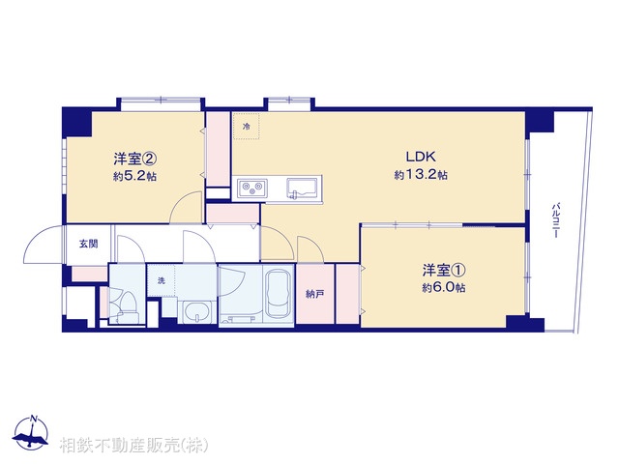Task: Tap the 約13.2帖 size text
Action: pyautogui.click(x=420, y=175)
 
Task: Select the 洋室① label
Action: pyautogui.click(x=443, y=270)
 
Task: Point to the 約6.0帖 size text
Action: pyautogui.click(x=443, y=288)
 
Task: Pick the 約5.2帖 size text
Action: pyautogui.click(x=135, y=177)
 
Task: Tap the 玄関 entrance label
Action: pyautogui.click(x=88, y=244)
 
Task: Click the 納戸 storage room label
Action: pyautogui.click(x=313, y=294)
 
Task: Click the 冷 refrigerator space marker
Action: pyautogui.click(x=247, y=127)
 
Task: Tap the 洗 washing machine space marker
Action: pyautogui.click(x=162, y=280)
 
